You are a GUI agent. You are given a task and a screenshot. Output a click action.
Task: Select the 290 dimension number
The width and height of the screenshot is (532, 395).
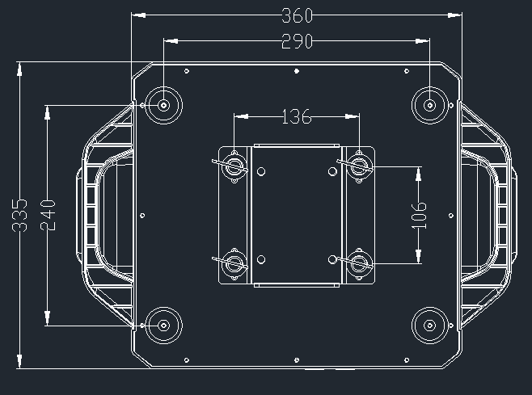click(x=297, y=42)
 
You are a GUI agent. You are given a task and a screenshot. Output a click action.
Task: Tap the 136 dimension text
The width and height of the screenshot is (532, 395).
click(x=297, y=117)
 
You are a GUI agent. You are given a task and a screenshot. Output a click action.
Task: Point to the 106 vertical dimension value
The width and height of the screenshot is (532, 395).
click(x=418, y=215)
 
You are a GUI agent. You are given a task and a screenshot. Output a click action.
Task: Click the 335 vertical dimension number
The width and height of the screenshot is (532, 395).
click(x=22, y=215)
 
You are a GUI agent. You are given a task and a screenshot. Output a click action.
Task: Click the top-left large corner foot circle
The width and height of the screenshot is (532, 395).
click(x=164, y=104)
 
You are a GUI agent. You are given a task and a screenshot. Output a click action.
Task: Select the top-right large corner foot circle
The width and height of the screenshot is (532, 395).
click(x=429, y=104)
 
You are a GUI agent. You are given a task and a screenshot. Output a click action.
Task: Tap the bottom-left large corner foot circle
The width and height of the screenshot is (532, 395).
click(x=164, y=326)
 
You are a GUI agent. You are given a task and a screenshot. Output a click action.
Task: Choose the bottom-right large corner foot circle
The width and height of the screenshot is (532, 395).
click(x=429, y=326)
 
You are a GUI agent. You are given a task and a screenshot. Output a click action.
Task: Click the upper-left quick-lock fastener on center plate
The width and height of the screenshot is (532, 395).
click(x=235, y=166)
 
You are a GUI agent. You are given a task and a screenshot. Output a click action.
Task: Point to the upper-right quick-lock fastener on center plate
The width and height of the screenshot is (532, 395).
click(x=359, y=166)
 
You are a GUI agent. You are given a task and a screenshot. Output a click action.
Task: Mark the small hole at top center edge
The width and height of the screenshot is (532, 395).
click(x=297, y=72)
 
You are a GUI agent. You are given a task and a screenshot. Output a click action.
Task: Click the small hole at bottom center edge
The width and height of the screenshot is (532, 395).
click(x=297, y=359)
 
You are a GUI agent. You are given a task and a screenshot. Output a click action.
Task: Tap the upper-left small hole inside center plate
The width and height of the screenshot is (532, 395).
click(x=261, y=171)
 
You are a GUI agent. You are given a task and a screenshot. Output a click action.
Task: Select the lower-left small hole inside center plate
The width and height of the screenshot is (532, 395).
click(x=261, y=259)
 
